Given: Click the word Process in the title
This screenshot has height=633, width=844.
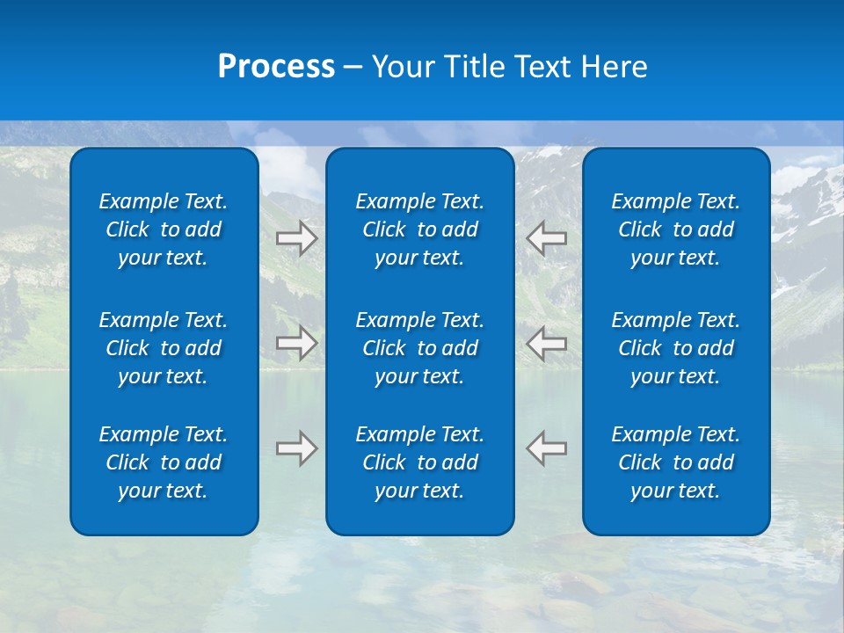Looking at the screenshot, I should (276, 67).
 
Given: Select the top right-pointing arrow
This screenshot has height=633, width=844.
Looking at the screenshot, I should (297, 238).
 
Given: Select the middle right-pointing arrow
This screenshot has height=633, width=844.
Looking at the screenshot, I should (297, 343).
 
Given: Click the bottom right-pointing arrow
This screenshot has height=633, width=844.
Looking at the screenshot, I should (297, 448).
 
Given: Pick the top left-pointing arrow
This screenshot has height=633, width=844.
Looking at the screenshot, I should (547, 238).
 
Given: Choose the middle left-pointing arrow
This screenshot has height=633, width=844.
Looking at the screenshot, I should (547, 343).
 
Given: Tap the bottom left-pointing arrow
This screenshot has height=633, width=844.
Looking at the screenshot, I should (547, 448).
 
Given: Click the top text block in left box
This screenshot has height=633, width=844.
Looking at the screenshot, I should (164, 229).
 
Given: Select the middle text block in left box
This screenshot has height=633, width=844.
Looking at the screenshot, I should (164, 348).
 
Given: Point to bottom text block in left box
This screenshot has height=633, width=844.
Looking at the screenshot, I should (164, 462).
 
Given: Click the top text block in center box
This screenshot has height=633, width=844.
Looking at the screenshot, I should (420, 229).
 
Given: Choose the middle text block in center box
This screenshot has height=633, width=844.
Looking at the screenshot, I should (420, 348).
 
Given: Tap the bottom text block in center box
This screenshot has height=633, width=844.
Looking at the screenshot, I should (420, 462).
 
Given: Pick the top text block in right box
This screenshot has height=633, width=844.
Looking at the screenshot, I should (676, 229).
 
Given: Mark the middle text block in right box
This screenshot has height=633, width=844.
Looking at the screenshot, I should (676, 348).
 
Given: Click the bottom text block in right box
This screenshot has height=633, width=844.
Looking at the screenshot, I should (676, 462).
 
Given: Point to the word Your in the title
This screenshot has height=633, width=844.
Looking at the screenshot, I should (404, 67).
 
